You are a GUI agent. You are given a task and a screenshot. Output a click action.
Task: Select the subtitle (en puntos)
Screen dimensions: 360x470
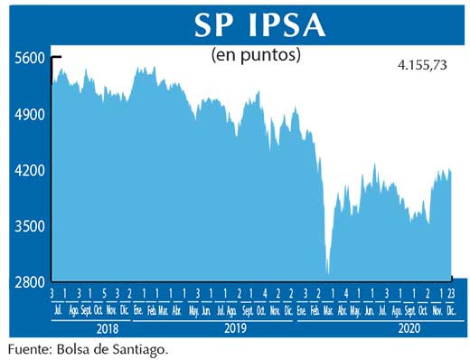pos(256,55)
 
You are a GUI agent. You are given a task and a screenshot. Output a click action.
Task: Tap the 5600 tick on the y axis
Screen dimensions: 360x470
pos(29,58)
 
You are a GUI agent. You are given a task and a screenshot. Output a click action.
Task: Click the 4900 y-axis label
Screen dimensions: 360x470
pos(29,115)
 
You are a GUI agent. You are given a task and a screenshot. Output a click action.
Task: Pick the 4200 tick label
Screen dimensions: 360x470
pos(29,170)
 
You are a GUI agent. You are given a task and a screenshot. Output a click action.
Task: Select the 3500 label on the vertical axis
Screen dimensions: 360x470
pos(29,226)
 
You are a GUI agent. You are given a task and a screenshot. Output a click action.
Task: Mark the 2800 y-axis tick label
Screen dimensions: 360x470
pos(29,281)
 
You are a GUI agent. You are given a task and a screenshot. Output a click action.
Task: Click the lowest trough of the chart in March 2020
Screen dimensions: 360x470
pos(327,271)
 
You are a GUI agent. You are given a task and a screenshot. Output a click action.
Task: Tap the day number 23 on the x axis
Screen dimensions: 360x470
pos(450,295)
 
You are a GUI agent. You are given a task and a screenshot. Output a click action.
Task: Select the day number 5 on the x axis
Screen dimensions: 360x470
pos(105,295)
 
